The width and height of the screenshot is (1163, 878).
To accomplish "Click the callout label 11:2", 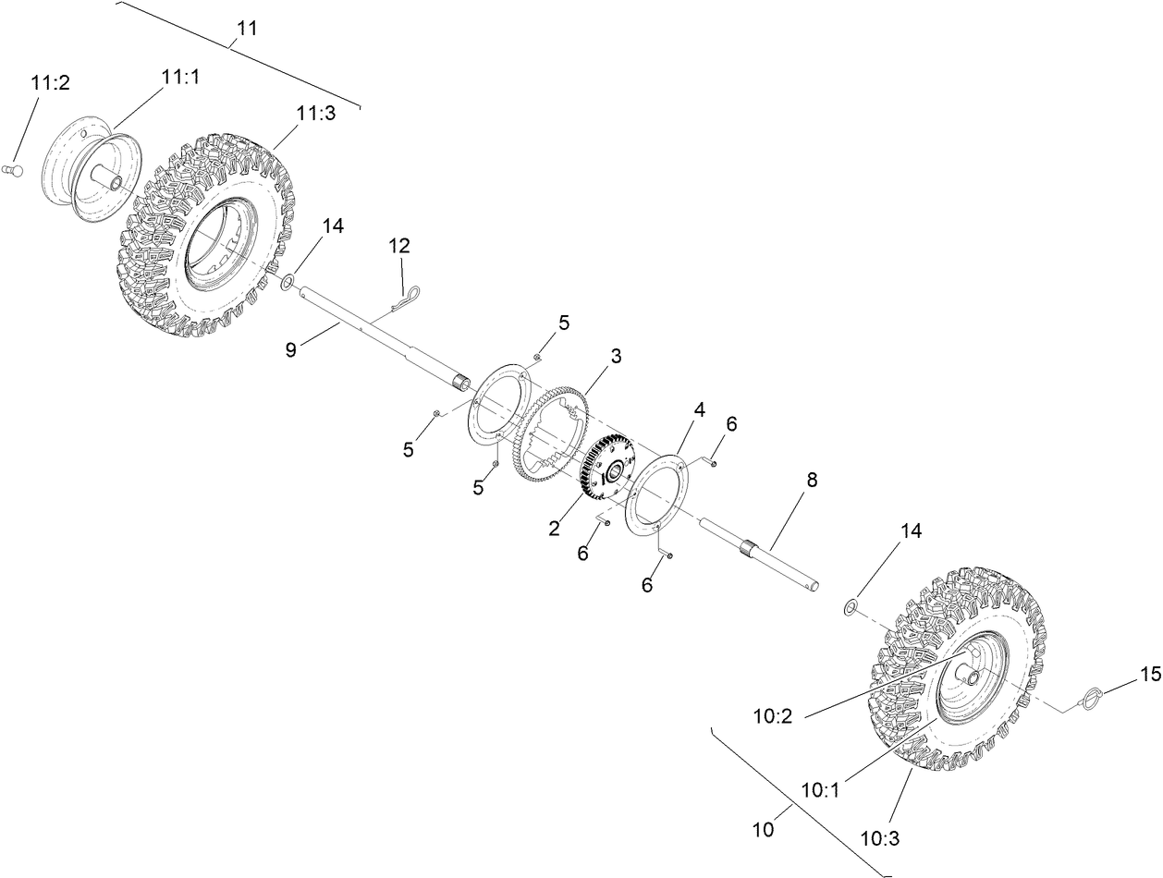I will point(50,83).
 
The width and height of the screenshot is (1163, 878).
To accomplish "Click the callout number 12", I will point(398,246).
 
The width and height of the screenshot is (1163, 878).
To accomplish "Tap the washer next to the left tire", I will point(288,281).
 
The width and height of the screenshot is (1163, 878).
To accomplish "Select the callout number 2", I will point(554,528).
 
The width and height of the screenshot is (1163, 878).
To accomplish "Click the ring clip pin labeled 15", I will point(1089,695).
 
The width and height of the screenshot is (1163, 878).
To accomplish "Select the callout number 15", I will point(1149,675).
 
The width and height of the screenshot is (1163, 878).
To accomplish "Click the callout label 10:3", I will point(879,839).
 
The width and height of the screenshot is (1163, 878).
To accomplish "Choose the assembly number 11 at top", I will point(246,29).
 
